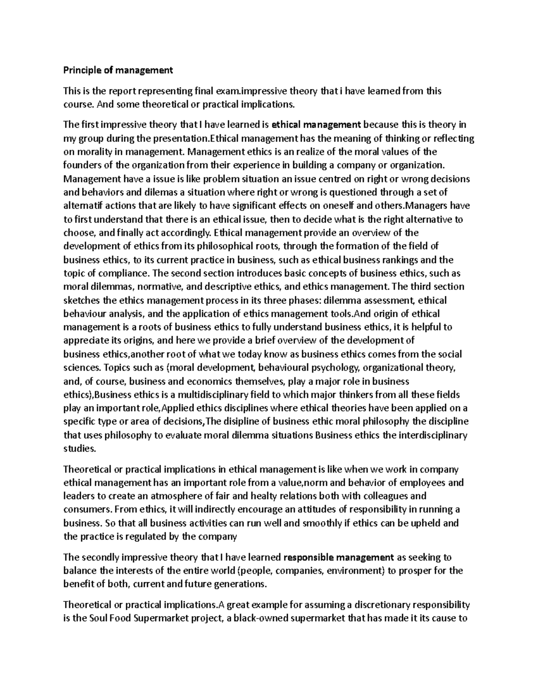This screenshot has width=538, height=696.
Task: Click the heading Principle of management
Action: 118,70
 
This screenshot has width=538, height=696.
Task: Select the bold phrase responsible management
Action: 338,558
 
